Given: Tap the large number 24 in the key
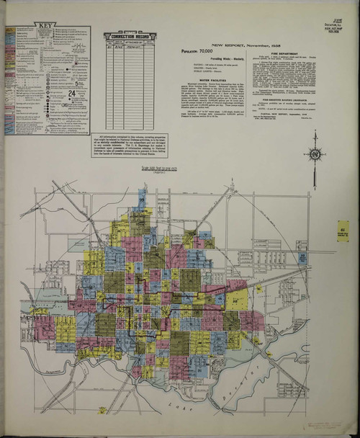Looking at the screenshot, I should click(x=71, y=94).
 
